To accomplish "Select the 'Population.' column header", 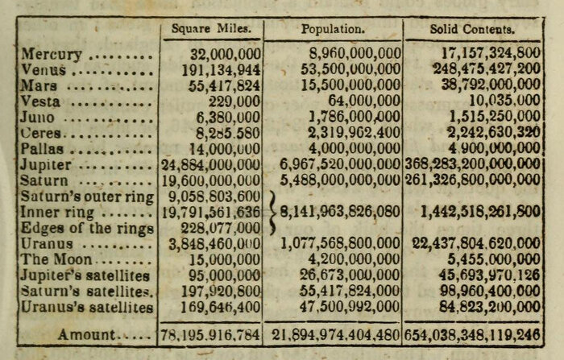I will [x=333, y=30].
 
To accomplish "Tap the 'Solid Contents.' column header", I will [x=472, y=30].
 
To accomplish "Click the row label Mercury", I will [x=51, y=55].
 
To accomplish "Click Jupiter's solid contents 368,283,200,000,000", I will [x=472, y=165].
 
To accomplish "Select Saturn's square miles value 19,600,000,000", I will [x=211, y=181].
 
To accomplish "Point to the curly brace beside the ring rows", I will [x=271, y=213].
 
